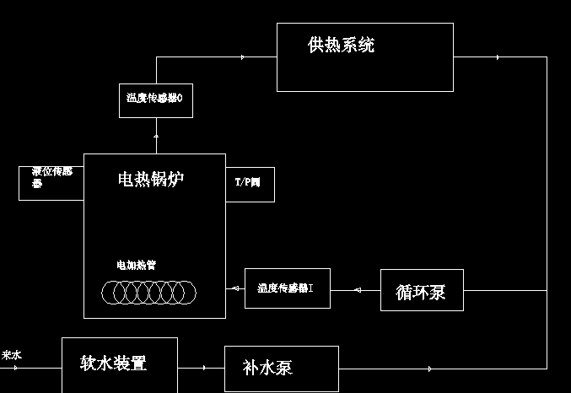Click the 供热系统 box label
click(x=341, y=46)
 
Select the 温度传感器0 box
click(x=155, y=99)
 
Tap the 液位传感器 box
click(x=51, y=182)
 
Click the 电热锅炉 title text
click(x=150, y=179)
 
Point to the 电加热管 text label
click(x=136, y=265)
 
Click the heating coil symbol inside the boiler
click(x=148, y=293)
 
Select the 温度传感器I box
click(x=287, y=288)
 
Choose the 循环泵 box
click(x=421, y=291)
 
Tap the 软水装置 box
click(x=119, y=364)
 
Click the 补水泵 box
click(x=281, y=369)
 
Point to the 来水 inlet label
click(x=12, y=356)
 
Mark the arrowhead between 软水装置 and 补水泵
click(x=204, y=368)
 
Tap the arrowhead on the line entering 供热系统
click(x=243, y=57)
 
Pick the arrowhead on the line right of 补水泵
click(x=431, y=369)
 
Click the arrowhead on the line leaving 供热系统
click(x=498, y=57)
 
